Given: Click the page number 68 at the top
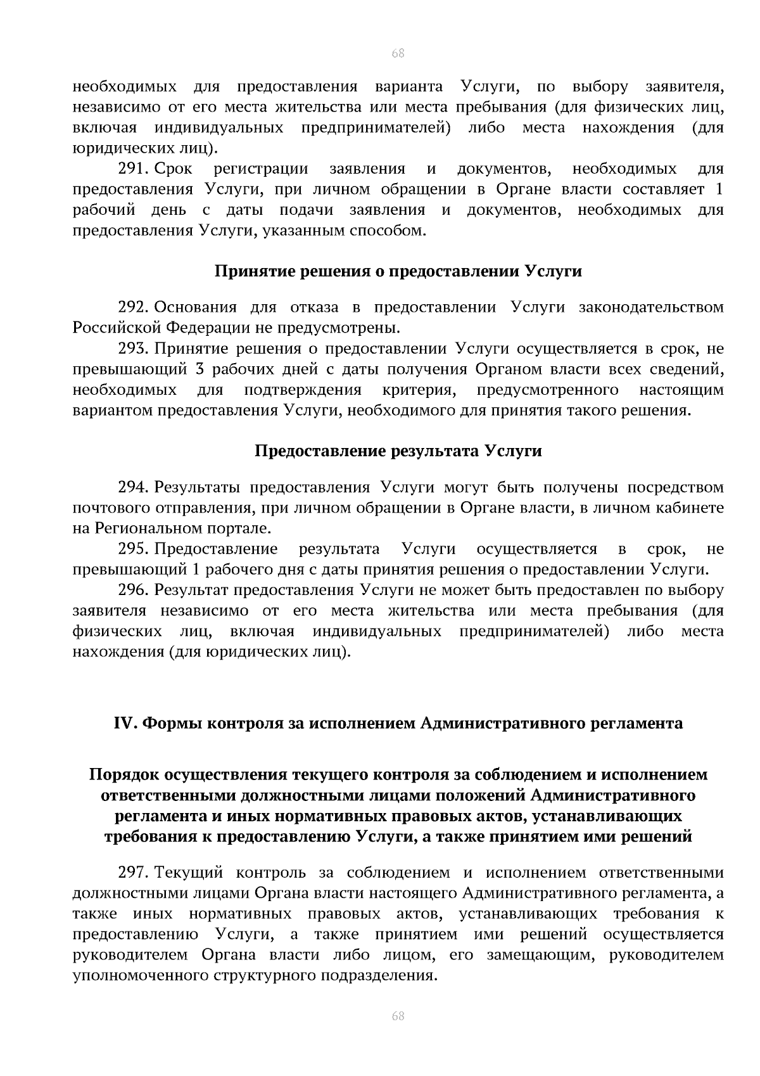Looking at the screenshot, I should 398,53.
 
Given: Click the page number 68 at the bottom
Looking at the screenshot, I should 398,1016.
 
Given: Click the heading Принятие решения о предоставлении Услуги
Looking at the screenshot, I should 398,272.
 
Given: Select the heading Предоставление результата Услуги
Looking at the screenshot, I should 398,451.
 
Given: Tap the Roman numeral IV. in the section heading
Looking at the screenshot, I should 125,723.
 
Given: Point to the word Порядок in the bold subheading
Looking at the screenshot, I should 124,774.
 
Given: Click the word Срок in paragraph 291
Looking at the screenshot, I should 174,169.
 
